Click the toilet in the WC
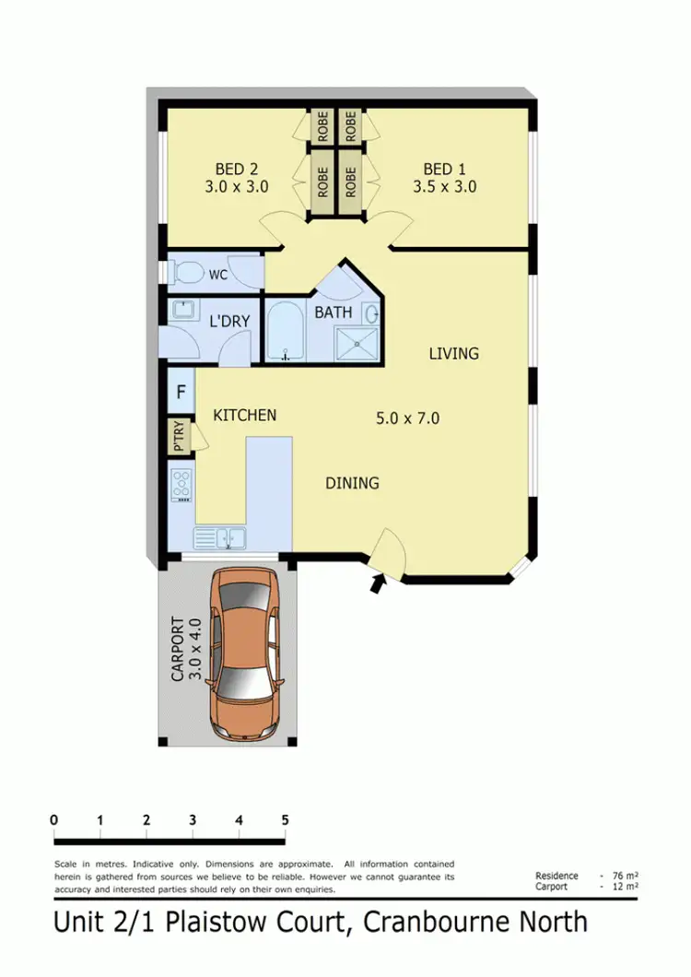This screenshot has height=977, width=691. [188, 274]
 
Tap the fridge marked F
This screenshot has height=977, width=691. [182, 391]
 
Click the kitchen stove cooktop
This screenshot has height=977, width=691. [182, 485]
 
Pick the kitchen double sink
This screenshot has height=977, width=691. [219, 536]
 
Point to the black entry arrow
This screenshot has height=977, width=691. [378, 583]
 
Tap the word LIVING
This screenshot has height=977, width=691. [453, 353]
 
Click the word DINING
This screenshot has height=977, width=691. [352, 483]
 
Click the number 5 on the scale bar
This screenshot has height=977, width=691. [285, 819]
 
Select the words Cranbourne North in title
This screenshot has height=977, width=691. [474, 921]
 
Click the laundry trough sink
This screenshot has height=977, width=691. [182, 311]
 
